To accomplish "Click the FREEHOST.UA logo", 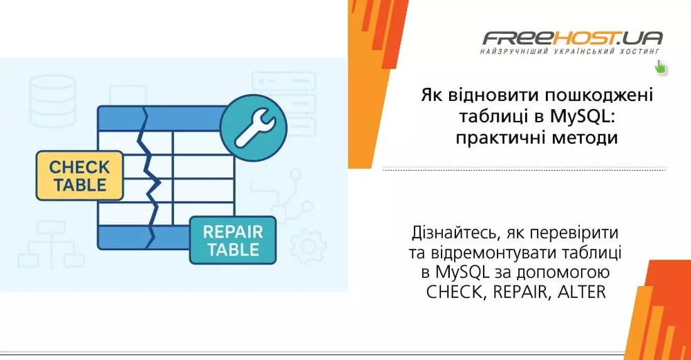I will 573,37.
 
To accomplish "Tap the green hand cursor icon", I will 660,67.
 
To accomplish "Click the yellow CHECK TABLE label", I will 79,176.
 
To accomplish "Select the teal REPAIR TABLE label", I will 233,240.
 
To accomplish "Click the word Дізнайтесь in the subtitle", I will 451,231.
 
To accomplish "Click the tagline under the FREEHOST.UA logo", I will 571,52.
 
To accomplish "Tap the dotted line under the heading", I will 524,169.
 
